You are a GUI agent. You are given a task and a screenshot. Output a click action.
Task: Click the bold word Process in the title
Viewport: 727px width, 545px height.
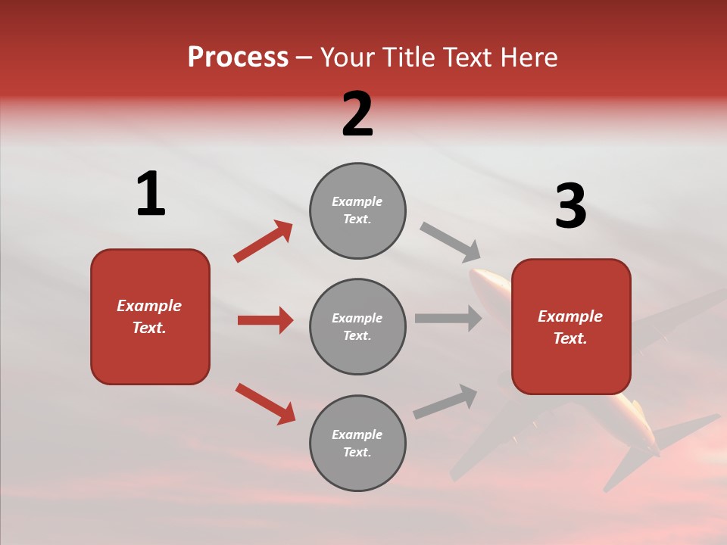coord(238,58)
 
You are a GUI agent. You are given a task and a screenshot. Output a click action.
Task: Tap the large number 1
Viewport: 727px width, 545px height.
coord(151,194)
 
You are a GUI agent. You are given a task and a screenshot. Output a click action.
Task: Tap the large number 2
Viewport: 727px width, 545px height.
coord(357,114)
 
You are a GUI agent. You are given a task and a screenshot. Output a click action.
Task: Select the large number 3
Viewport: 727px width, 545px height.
coord(570,207)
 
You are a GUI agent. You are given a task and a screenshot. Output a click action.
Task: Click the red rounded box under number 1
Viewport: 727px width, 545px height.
coord(150,348)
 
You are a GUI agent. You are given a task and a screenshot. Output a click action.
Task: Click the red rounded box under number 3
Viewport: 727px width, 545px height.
coord(571,363)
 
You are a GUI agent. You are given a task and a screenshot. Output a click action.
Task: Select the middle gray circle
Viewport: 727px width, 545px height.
coord(357,326)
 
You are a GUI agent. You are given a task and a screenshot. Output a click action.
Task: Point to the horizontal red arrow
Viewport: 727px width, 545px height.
coord(265,320)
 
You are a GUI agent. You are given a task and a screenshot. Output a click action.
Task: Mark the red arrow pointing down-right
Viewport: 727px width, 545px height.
coord(265,403)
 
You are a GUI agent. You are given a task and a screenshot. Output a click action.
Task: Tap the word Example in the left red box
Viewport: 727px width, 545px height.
coord(149,306)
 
